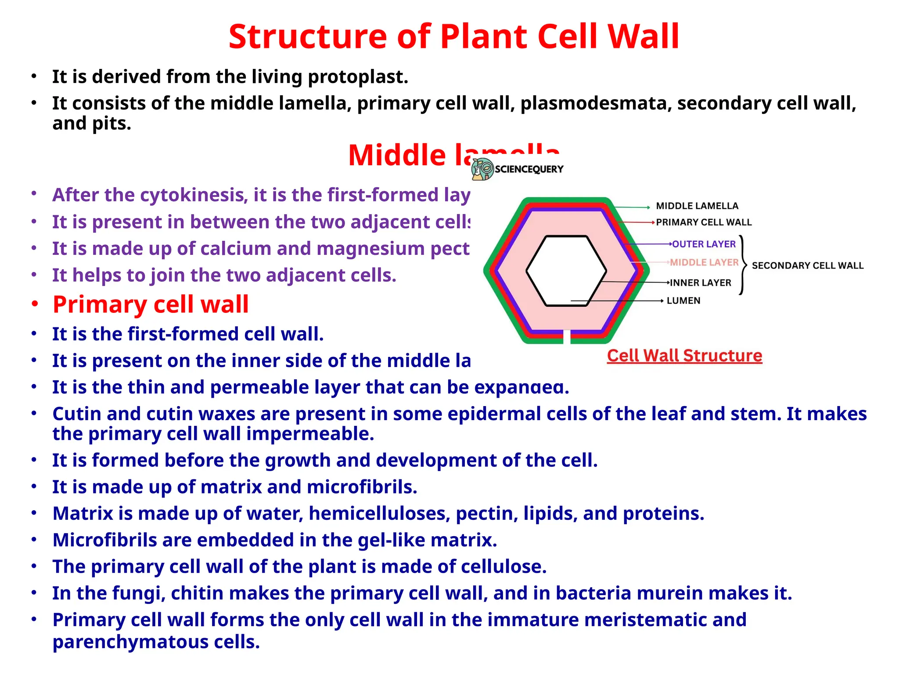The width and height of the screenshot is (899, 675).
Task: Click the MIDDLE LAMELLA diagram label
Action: coord(697,206)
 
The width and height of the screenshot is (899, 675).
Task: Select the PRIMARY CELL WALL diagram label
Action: coord(704,222)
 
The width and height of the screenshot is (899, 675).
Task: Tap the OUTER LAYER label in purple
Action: coord(704,244)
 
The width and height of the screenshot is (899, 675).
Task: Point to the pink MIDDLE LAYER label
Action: coord(704,263)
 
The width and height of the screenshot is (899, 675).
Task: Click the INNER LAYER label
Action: coord(701,283)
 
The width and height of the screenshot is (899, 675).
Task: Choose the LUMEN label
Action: coord(683,301)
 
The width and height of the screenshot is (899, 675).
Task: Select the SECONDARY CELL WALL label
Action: coord(807,266)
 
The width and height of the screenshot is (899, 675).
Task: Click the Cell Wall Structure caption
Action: coord(684,356)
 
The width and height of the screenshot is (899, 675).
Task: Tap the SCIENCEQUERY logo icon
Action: coord(482,169)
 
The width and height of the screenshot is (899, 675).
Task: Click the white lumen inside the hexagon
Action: coord(566,271)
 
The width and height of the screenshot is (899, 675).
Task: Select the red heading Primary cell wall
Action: coord(151,305)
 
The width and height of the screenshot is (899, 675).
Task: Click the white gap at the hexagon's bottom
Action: coord(567,337)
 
